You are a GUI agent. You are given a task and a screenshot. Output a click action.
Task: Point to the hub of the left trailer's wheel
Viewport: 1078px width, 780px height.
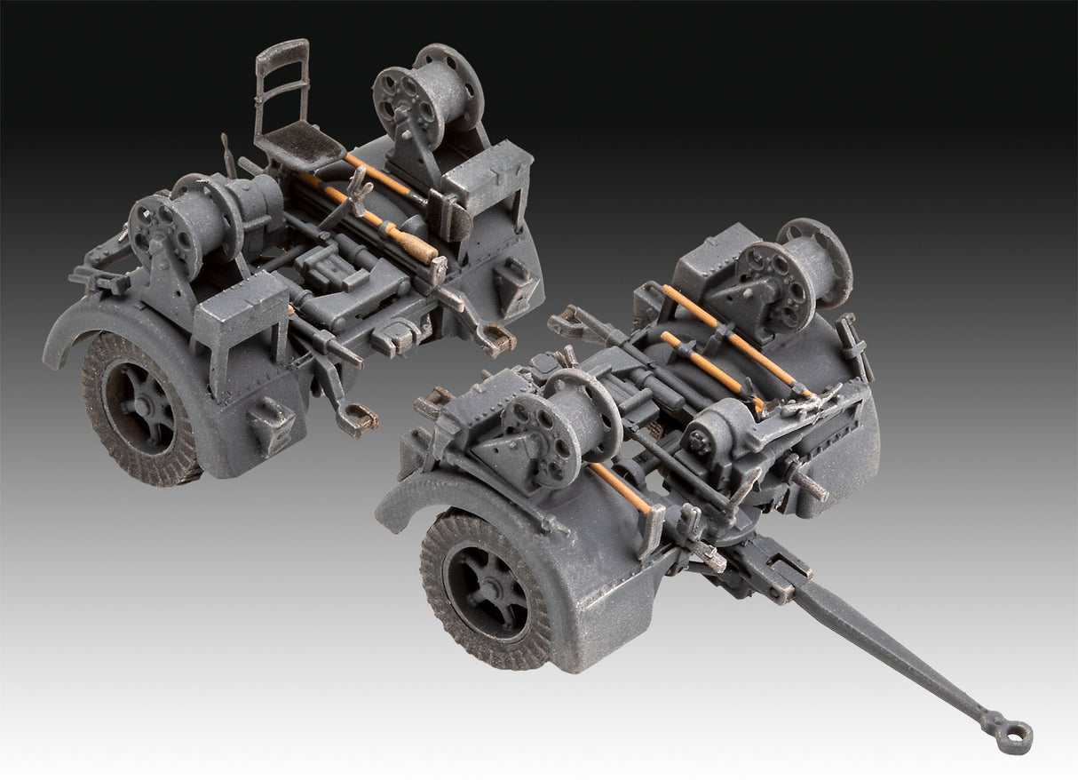142,411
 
